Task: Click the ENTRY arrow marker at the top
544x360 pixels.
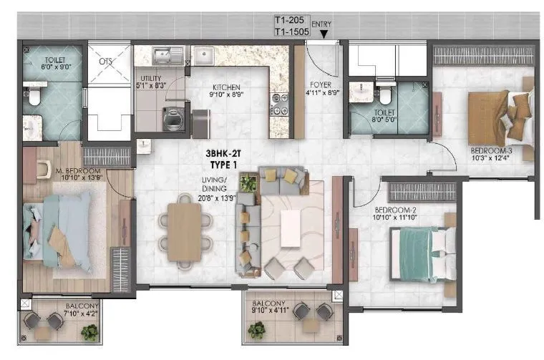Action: point(324,33)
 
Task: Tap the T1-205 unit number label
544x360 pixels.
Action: point(290,21)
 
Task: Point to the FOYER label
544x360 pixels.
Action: point(319,84)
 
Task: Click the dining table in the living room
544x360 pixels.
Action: point(184,231)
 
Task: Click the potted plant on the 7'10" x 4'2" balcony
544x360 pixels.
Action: point(89,332)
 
